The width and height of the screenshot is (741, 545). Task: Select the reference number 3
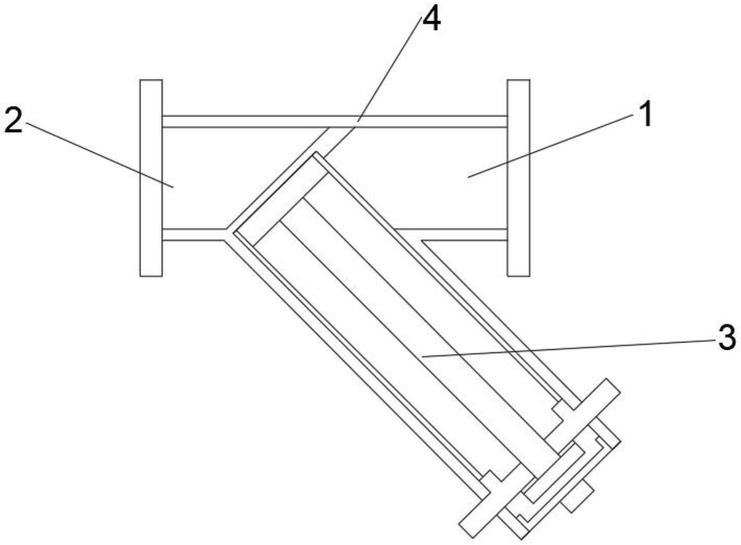[x=727, y=338]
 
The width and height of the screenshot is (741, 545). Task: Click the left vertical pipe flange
[x=151, y=178]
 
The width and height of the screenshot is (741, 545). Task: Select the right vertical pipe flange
[x=518, y=178]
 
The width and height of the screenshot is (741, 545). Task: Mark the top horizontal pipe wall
[x=335, y=122]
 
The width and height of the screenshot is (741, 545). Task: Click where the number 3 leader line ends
[x=422, y=357]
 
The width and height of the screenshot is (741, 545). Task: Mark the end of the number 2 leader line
[x=173, y=187]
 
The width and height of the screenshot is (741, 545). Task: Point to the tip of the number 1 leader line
[x=468, y=177]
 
